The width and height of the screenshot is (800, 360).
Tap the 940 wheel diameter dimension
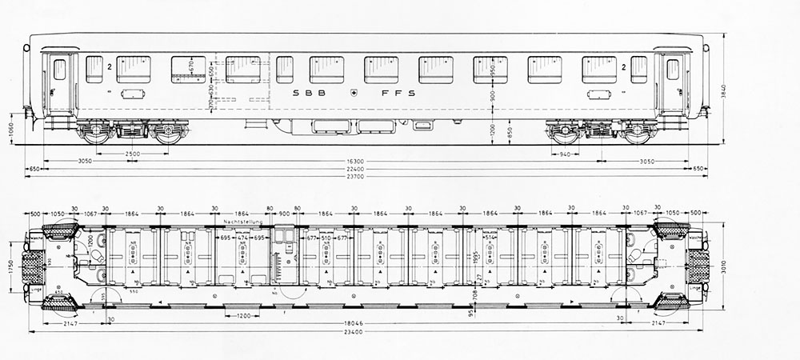pyautogui.click(x=564, y=152)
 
